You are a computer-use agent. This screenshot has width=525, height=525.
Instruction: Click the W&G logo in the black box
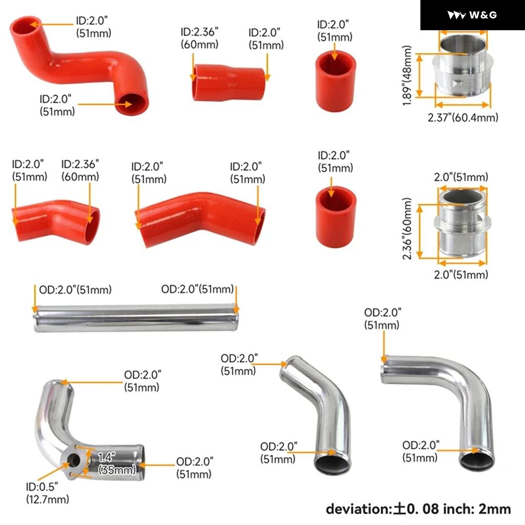tap(472, 15)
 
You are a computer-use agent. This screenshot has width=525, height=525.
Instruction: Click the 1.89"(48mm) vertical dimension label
tap(407, 76)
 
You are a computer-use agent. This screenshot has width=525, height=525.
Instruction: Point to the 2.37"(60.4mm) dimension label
tap(463, 117)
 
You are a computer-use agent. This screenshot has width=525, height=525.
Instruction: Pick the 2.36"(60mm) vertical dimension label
tap(407, 229)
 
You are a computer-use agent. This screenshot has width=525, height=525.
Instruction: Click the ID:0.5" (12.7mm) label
tap(47, 493)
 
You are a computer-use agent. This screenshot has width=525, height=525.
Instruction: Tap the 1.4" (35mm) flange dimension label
tap(116, 463)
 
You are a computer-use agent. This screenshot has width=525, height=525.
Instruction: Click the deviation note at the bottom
tap(418, 509)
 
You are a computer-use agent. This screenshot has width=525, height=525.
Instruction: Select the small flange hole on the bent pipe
tap(74, 461)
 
